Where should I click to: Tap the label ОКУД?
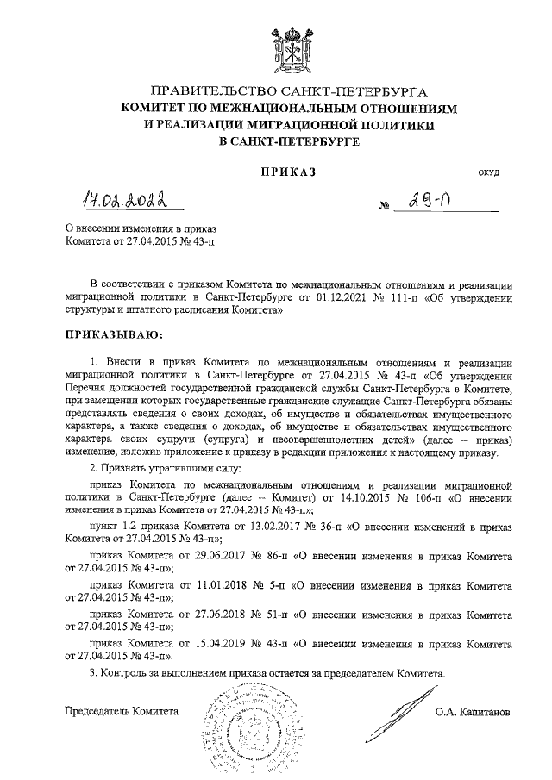[489, 173]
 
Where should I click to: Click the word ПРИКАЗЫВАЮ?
[114, 334]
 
